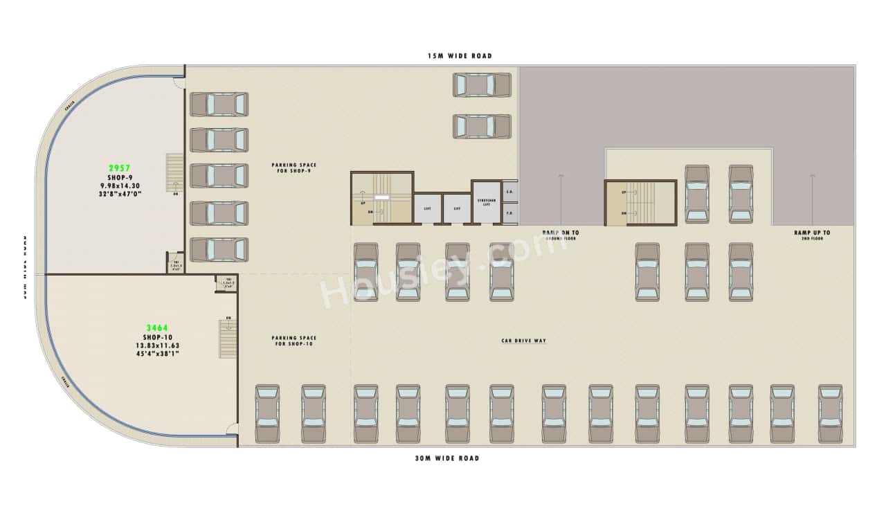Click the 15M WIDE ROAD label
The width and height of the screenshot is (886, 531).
tap(459, 55)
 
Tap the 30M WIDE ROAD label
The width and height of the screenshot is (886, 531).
tap(446, 458)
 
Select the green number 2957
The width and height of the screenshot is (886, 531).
tap(120, 168)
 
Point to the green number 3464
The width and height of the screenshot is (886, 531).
tap(157, 328)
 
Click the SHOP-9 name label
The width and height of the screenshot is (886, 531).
tap(120, 177)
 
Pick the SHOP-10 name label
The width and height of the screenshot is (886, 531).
tap(157, 337)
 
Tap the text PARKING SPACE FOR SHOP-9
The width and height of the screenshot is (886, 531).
tap(293, 168)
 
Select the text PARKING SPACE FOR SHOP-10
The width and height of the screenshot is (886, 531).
tap(293, 341)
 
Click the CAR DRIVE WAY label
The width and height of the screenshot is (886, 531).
tap(524, 341)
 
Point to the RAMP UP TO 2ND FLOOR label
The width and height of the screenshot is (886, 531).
tap(812, 235)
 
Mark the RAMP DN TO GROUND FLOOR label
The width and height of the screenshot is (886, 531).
tap(561, 235)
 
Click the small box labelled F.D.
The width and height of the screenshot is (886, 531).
tap(509, 213)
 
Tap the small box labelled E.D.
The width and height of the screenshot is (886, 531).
tap(509, 191)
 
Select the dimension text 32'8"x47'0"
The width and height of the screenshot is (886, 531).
tap(120, 194)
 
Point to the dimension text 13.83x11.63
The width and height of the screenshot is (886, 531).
tap(157, 345)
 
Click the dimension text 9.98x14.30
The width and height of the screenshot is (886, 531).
tap(120, 186)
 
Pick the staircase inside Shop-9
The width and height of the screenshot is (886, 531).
tap(174, 172)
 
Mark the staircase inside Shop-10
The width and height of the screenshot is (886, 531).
tap(228, 338)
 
